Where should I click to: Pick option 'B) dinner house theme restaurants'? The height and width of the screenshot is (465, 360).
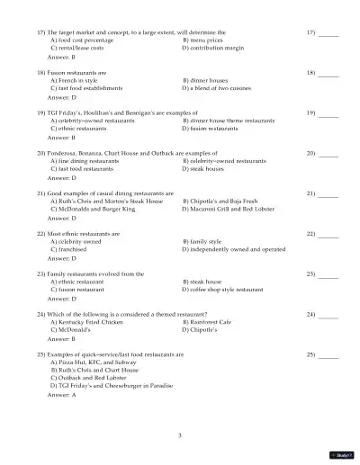(229, 121)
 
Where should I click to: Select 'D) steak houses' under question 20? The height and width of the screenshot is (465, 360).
(202, 168)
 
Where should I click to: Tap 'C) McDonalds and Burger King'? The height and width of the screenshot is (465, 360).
(93, 209)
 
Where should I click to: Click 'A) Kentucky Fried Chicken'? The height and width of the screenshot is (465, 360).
(92, 322)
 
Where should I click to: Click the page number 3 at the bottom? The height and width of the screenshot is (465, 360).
(180, 435)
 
